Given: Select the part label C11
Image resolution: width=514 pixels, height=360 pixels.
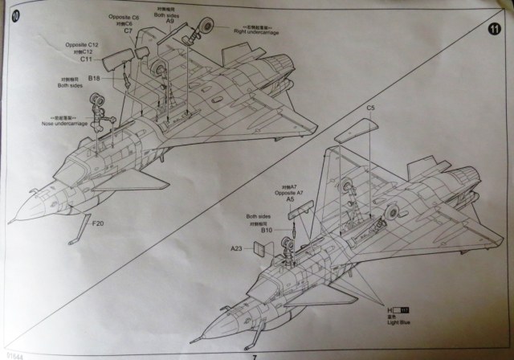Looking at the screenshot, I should [87, 59].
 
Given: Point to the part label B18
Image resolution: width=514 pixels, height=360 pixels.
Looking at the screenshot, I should [94, 78].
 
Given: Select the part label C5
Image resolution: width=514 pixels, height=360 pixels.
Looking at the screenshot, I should [371, 107].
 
